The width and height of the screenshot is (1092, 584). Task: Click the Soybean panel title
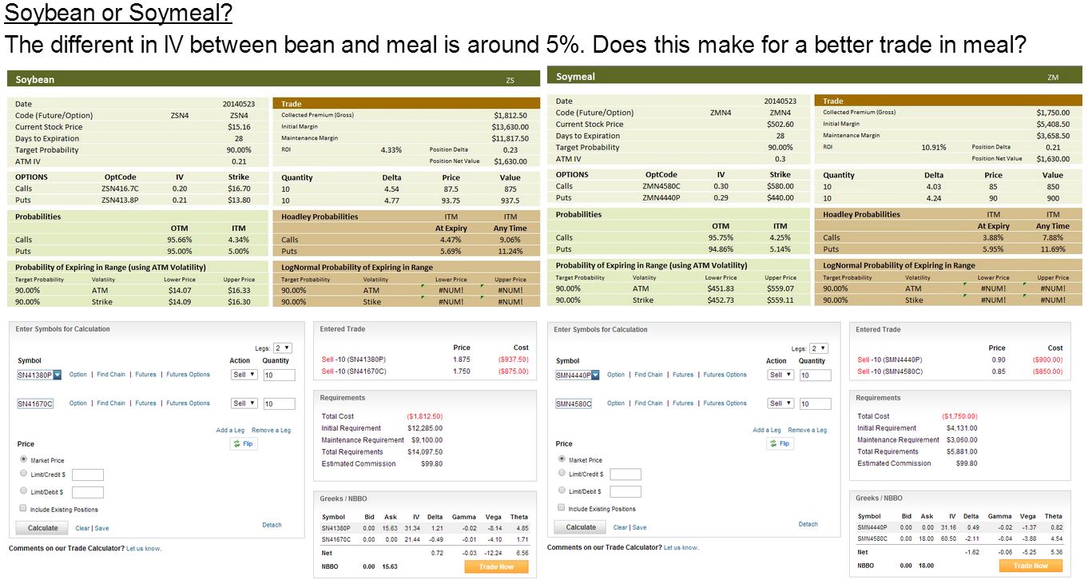coord(34,79)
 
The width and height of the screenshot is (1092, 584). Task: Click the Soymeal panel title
coord(575,77)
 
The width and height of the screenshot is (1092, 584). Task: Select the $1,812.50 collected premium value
coord(510,116)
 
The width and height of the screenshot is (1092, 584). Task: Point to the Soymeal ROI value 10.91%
coord(934,147)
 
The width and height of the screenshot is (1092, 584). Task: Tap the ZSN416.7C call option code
coord(120,189)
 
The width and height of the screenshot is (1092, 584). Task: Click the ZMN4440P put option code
coord(661,198)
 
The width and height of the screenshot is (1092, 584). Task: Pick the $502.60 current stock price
coord(780,125)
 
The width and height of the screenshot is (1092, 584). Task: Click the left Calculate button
coord(43,528)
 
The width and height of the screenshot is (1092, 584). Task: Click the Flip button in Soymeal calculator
coord(780,443)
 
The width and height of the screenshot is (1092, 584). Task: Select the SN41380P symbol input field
coord(34,375)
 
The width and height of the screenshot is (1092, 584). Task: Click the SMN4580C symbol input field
coord(574,403)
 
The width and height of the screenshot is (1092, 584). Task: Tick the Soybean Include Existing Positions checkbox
coord(23,508)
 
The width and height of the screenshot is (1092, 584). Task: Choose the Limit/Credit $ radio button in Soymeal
coord(562,473)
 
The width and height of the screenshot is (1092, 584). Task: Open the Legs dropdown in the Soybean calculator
coord(283,348)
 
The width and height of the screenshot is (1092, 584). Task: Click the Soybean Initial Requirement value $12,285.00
coord(425,428)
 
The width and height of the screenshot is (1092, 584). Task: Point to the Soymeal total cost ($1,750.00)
coord(959,416)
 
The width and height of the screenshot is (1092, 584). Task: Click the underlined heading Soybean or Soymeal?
coord(118,13)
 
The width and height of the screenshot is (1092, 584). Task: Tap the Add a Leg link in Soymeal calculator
coord(767,430)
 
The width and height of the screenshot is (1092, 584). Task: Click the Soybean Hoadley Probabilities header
coord(320,217)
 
